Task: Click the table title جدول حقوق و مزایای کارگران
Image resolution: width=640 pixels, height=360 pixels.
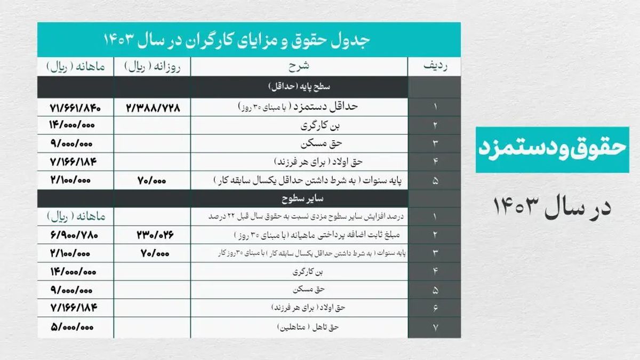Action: click(x=249, y=40)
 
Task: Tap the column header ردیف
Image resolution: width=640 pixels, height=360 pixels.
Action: click(x=434, y=67)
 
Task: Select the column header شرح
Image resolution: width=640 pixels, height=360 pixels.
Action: click(x=299, y=67)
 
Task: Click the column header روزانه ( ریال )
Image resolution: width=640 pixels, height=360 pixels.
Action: click(x=153, y=67)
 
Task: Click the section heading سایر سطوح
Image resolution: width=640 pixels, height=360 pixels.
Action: click(x=299, y=199)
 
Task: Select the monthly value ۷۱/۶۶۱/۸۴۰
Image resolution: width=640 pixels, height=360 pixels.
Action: click(x=75, y=107)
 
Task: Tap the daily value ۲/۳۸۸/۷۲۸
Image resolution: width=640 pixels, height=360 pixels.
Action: click(x=153, y=107)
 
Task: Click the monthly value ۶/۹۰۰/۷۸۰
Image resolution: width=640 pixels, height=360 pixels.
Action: click(x=75, y=235)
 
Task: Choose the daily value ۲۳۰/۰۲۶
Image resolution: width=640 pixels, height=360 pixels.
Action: click(x=153, y=235)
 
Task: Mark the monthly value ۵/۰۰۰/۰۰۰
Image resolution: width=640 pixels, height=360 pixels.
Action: click(x=75, y=327)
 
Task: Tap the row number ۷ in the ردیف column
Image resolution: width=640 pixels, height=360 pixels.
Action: click(x=435, y=327)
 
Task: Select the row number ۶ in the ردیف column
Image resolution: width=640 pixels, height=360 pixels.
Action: click(x=435, y=308)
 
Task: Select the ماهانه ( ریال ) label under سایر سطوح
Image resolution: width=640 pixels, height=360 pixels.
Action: click(x=75, y=217)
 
